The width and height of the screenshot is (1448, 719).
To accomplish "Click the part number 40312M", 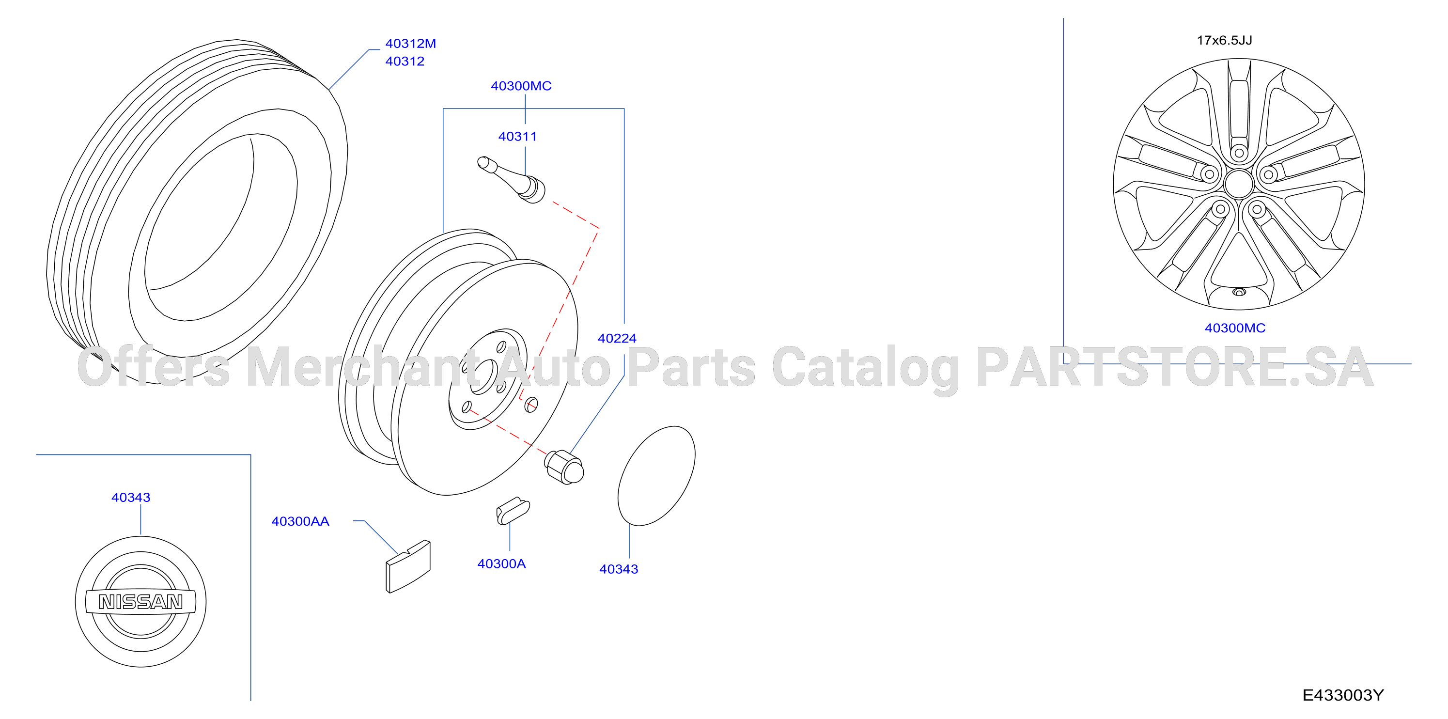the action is coord(410,43).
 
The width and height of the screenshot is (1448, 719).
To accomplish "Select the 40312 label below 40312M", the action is coord(405,61).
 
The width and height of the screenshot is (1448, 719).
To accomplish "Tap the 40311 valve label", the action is coord(517,137).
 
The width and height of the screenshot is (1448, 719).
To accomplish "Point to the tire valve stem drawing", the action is coord(512,179).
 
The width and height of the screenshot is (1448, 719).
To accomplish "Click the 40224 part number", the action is coord(617,338).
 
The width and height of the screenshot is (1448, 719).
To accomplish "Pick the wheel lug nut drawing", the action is coord(564,467).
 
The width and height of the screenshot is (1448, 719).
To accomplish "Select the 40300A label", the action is coord(501,564).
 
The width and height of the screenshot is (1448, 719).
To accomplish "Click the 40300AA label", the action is coord(300,522).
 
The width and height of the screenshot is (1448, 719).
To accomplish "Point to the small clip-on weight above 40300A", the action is coord(513,511).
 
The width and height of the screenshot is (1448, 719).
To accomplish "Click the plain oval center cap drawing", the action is coord(656,476).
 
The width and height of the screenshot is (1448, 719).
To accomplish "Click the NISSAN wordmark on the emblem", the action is coord(140,602).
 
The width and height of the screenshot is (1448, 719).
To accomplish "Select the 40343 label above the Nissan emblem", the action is coord(130,498).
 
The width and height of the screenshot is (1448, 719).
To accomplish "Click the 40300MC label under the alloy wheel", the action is coord(1235,328).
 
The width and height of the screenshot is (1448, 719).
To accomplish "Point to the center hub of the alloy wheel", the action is coord(1238,184).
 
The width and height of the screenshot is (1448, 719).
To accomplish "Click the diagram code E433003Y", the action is coord(1343,695).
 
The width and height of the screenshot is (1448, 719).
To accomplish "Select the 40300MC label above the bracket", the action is coord(521,86).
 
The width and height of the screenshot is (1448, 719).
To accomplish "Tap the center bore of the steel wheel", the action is coord(483,376).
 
